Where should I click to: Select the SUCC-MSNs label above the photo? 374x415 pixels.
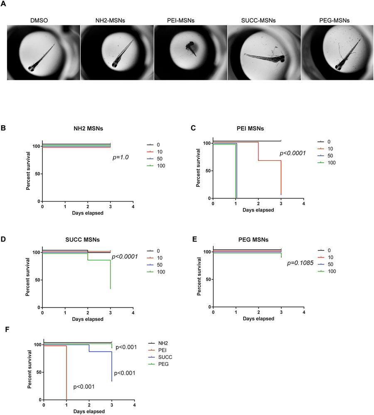[x=264, y=19]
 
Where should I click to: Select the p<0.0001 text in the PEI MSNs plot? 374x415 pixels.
[x=291, y=153]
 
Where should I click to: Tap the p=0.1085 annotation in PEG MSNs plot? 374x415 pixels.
[x=299, y=263]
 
